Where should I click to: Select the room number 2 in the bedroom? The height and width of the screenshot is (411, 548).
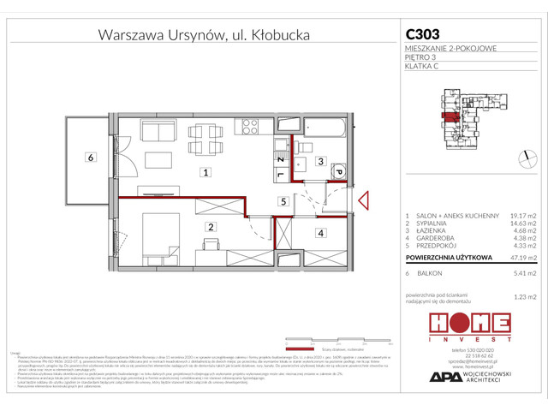209,227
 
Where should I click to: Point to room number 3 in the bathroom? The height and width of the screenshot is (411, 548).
318,161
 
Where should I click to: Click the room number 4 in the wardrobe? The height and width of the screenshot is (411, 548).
320,232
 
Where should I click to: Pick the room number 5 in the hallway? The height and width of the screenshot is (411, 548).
281,202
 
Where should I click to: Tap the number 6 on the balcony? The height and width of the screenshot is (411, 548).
88,157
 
